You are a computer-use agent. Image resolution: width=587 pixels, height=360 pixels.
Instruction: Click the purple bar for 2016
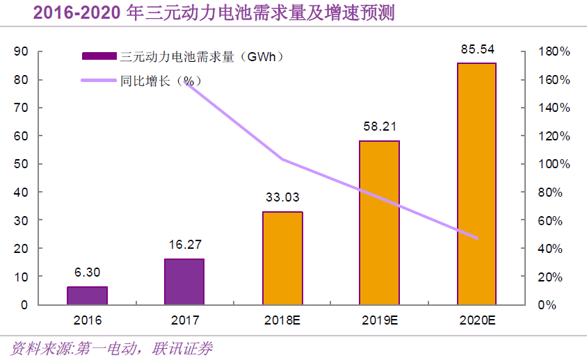(x=87, y=295)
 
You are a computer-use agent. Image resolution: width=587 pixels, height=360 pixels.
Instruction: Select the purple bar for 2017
(x=184, y=281)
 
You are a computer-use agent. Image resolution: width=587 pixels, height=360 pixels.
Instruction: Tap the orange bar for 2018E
(x=282, y=258)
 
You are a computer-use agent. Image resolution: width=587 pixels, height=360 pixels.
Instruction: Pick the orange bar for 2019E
(x=379, y=222)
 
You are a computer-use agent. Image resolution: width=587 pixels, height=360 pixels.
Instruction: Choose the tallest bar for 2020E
(x=476, y=183)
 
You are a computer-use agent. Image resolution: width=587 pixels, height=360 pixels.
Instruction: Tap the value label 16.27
(x=184, y=245)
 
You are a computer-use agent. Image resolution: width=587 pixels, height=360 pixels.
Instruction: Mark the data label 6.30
(x=87, y=273)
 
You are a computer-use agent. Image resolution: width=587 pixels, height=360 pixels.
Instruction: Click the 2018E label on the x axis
(x=282, y=320)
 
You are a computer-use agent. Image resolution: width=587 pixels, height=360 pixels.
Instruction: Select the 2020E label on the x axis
(x=476, y=320)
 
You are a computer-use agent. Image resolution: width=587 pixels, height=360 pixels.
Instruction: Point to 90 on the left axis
(x=21, y=52)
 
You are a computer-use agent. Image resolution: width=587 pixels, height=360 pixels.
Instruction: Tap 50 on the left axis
(x=21, y=165)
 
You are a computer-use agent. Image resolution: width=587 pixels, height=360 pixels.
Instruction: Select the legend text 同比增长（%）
(x=156, y=81)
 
